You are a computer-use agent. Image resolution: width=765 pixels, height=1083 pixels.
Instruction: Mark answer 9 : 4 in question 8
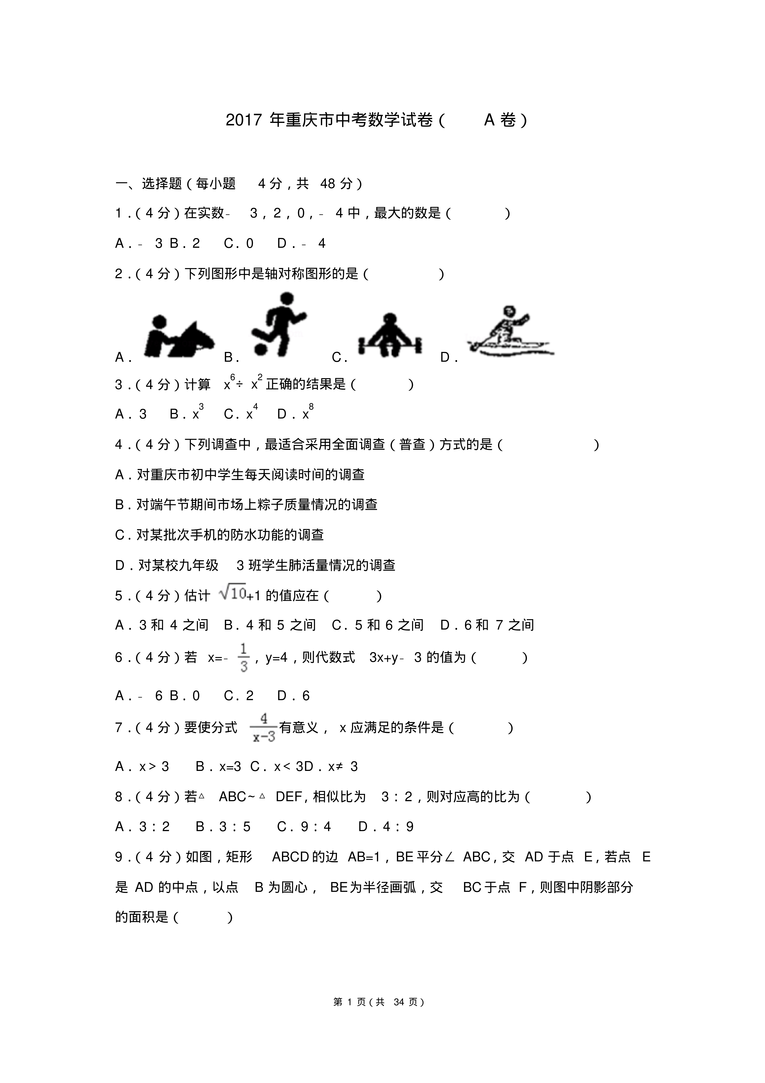tap(304, 826)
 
